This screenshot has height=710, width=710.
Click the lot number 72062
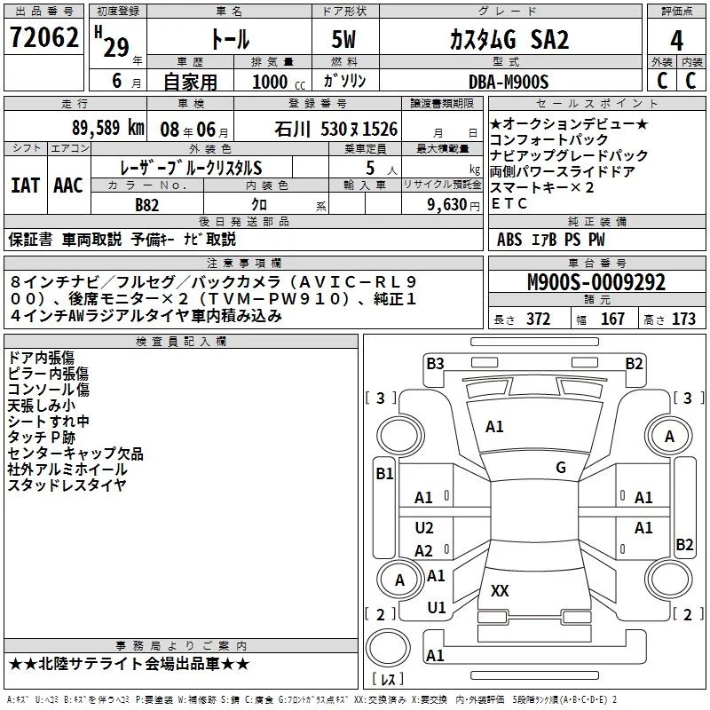coord(42,39)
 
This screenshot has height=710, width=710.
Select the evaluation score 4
coord(676,40)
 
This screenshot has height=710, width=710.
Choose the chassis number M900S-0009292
coord(596,283)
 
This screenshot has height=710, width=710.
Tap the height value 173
coord(684,319)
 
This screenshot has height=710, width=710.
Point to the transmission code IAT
coord(25,185)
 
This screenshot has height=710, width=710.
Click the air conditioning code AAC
coord(67,185)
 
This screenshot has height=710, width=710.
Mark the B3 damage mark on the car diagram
coord(435,363)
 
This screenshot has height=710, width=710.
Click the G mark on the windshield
coord(561,468)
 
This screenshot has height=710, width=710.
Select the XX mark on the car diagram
coord(500,590)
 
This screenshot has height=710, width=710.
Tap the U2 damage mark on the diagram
coord(425,528)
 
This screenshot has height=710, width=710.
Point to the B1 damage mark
coord(384,474)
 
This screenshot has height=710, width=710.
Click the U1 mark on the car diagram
coord(436,608)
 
